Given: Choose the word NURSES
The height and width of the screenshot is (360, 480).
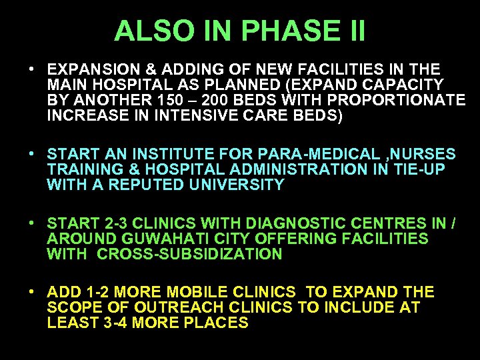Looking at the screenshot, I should (x=427, y=155).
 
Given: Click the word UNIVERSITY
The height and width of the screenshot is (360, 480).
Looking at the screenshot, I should (x=227, y=185).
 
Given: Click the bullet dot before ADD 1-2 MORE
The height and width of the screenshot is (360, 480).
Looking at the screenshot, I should (x=32, y=293).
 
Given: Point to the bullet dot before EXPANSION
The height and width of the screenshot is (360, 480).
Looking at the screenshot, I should (x=32, y=69).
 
